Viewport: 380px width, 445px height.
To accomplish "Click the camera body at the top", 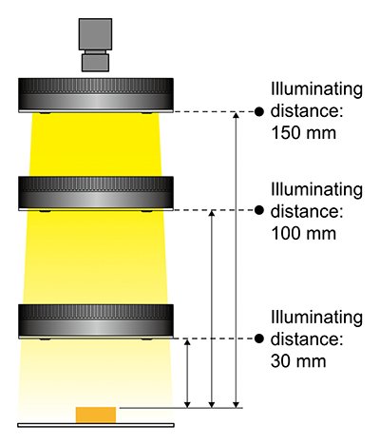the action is tap(95, 34).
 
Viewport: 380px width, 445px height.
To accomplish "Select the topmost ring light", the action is tap(96, 95).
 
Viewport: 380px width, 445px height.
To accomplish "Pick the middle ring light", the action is tap(96, 193).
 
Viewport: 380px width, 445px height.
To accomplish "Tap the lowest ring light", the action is tap(96, 321).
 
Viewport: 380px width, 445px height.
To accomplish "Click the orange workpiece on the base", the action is tap(96, 415).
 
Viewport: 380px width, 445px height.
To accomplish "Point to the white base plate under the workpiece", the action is tap(96, 425).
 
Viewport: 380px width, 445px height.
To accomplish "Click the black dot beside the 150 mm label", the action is tap(259, 111).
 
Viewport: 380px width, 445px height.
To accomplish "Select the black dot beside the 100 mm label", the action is tap(259, 210).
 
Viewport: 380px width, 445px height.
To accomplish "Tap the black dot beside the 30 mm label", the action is tap(259, 339).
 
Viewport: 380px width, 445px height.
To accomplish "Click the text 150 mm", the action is tap(304, 133).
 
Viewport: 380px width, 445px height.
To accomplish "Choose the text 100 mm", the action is tap(304, 233).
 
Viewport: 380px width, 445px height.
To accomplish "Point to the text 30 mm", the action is tap(298, 361).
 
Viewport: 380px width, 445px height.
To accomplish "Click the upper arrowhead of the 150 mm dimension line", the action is tap(236, 115).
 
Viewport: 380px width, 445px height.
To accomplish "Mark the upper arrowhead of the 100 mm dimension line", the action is tap(212, 213).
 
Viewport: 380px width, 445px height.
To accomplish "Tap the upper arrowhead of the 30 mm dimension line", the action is tap(187, 342).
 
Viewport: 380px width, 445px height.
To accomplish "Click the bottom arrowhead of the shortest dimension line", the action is tap(187, 405).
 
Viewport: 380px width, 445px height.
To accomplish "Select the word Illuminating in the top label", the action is tap(316, 89).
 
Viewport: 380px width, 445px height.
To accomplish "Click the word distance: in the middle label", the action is tap(307, 211).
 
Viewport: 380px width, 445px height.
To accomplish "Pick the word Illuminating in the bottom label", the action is tap(316, 318).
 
